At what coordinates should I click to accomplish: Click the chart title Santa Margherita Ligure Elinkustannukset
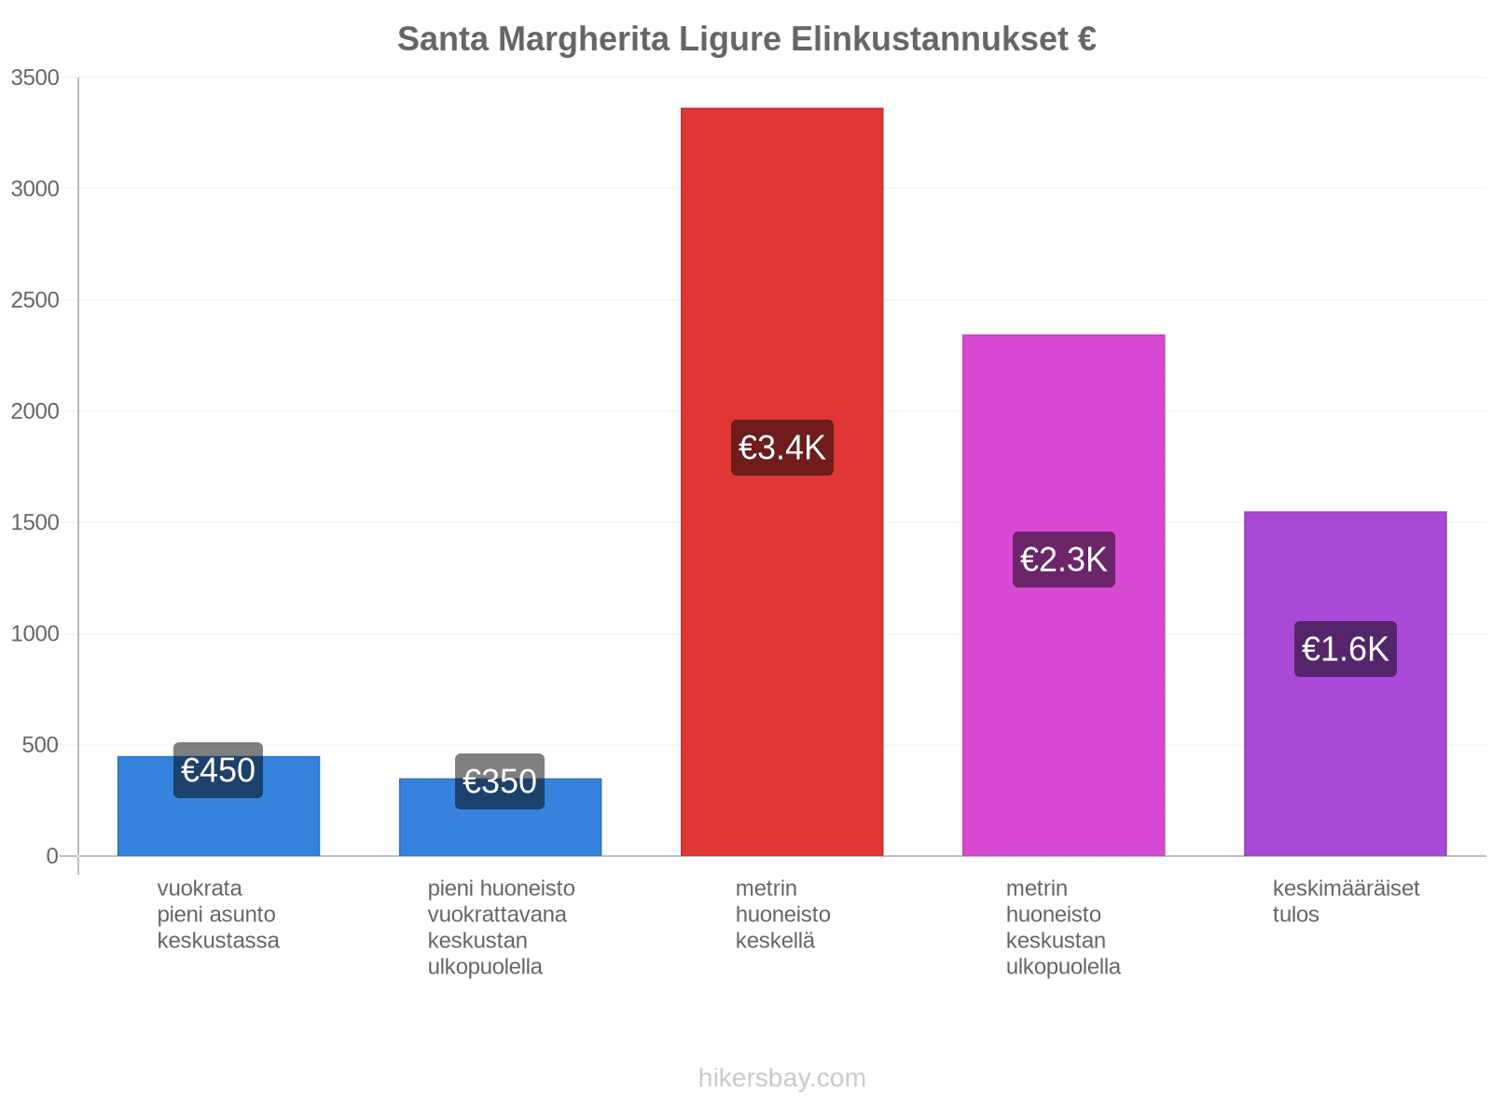click(746, 39)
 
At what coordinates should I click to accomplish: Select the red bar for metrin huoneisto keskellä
click(781, 481)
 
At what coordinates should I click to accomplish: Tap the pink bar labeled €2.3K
click(1063, 595)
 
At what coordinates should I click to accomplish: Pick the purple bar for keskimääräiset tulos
click(1345, 683)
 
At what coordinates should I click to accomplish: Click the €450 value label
click(218, 770)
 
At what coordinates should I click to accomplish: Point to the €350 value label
click(500, 781)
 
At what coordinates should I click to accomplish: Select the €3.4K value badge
click(781, 447)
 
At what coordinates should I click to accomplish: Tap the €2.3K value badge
click(1063, 559)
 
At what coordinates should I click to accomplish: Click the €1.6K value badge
click(1345, 648)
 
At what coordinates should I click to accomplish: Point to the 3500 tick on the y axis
click(35, 77)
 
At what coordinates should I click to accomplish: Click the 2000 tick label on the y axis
click(35, 411)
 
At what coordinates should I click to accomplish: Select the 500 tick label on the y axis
click(41, 745)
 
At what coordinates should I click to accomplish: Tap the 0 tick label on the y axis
click(52, 855)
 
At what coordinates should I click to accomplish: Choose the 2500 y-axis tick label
click(35, 299)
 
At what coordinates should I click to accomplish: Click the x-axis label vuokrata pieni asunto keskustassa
click(218, 914)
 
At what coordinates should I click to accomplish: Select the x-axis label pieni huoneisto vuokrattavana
click(501, 927)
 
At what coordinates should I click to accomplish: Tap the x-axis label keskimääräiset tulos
click(1346, 901)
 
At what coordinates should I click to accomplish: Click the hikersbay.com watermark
click(781, 1078)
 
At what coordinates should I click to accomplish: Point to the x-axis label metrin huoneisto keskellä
click(782, 914)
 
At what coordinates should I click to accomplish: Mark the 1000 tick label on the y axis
click(35, 633)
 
